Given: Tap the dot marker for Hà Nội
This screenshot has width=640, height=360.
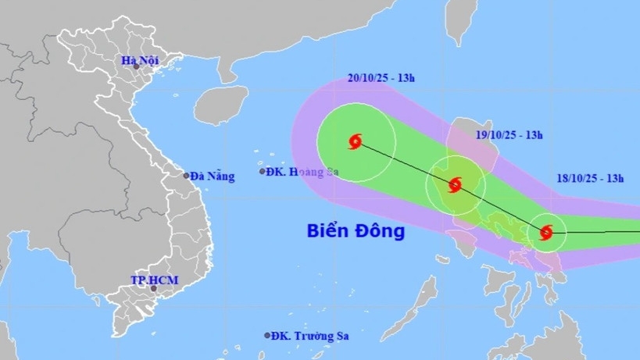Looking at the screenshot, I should [x=135, y=67].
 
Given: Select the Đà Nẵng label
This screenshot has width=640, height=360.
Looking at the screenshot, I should [x=212, y=176].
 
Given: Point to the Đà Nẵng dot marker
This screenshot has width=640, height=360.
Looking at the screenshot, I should [x=187, y=176].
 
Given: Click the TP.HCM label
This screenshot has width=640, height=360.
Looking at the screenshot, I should [x=149, y=279].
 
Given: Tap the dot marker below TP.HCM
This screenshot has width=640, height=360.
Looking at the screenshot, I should [x=154, y=289].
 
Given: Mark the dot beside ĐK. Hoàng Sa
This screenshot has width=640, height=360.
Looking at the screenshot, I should [x=263, y=171].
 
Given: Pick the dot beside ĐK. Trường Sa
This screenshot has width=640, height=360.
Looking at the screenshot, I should [x=267, y=336].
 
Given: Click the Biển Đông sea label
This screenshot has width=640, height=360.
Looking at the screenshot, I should [x=356, y=231].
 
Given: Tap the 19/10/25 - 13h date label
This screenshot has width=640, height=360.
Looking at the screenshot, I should [x=509, y=134].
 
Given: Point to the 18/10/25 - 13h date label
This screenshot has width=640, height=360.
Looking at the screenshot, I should [x=591, y=178].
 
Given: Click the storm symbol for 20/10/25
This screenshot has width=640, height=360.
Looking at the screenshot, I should [x=356, y=142].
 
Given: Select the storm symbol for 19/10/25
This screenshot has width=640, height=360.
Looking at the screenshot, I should [x=455, y=185].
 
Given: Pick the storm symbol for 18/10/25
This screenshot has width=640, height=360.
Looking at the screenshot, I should [x=546, y=232].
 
